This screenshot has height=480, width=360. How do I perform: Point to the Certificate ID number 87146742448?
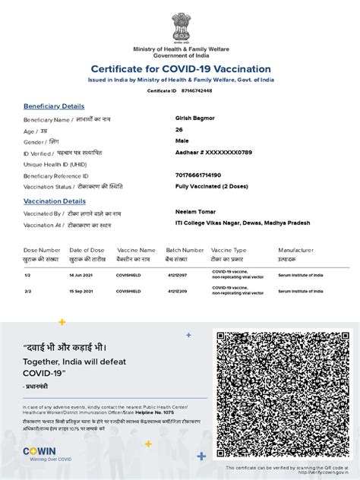(x=197, y=90)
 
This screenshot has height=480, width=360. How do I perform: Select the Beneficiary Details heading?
(x=54, y=106)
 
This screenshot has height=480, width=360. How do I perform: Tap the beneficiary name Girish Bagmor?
(x=196, y=119)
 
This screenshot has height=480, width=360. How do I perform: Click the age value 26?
(x=179, y=130)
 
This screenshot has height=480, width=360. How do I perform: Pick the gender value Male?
(x=182, y=141)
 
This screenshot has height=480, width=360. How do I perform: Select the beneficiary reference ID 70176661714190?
(x=204, y=175)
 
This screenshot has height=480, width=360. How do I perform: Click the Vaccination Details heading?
(x=55, y=201)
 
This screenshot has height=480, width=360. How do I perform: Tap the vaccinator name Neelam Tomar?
(x=197, y=213)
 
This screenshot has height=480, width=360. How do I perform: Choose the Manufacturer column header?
(x=295, y=249)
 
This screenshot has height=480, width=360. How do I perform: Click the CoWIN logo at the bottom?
(x=39, y=452)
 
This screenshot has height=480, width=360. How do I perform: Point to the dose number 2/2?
(x=27, y=291)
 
